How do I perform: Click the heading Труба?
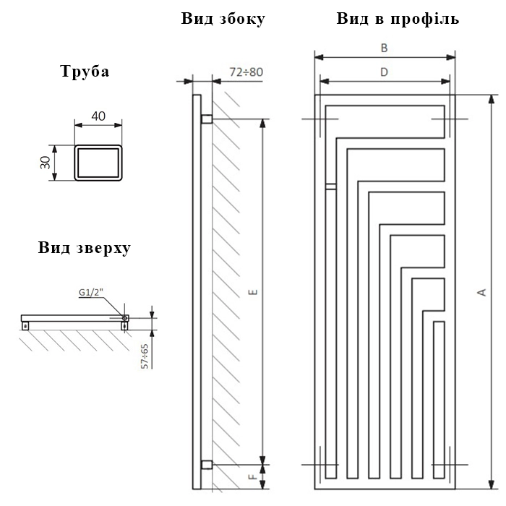(85, 72)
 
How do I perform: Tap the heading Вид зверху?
(85, 248)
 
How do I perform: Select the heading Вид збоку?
(223, 18)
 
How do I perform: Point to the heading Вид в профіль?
(398, 18)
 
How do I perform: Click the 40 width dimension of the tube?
(98, 116)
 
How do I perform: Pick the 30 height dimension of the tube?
(46, 163)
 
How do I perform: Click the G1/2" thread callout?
(91, 292)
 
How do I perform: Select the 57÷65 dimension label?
(145, 356)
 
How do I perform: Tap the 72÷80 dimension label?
(246, 72)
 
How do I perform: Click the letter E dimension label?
(254, 292)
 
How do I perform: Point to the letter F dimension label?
(254, 476)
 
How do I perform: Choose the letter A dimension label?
(482, 292)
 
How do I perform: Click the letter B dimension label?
(384, 48)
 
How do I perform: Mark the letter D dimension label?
(384, 72)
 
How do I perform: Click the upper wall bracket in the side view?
(207, 119)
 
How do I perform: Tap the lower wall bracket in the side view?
(207, 465)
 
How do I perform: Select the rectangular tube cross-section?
(98, 163)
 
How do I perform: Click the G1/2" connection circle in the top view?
(124, 318)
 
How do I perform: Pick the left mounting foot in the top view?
(25, 326)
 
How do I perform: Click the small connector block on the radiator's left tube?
(331, 186)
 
